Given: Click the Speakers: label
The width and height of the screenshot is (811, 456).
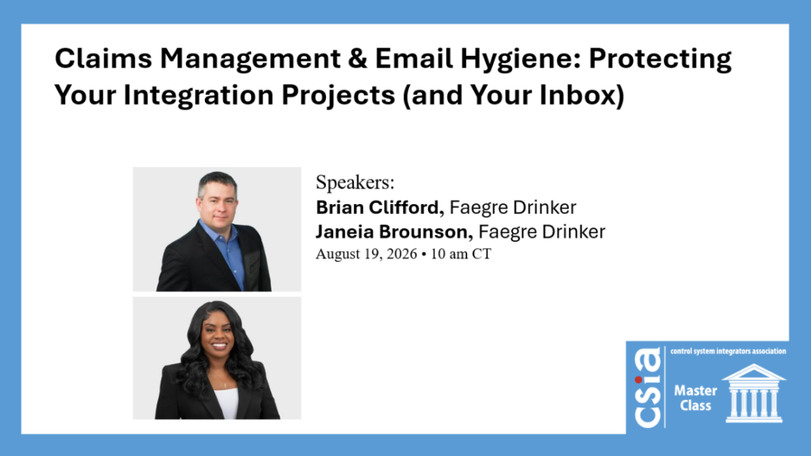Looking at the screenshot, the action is pos(355,182).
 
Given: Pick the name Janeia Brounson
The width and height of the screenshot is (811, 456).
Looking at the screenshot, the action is pos(395,232).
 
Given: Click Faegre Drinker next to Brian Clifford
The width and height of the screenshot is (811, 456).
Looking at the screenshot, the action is pos(513,208).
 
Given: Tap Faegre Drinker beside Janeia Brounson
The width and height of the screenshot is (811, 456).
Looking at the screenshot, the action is pos(542,232).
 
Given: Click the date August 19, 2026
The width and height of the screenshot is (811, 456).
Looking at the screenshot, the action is pos(366,254).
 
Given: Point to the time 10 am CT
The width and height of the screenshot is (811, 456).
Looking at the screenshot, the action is pos(461,254).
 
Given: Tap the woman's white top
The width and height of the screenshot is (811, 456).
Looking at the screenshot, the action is pos(225,402).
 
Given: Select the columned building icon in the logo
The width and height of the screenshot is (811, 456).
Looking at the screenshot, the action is pos(754,393).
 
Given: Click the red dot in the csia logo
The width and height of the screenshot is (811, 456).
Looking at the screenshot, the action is pos(639,380).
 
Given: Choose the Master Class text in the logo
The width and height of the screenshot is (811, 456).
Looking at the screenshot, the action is pos(695,398).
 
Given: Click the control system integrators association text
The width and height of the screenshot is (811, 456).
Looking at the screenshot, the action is pos(728,351).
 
